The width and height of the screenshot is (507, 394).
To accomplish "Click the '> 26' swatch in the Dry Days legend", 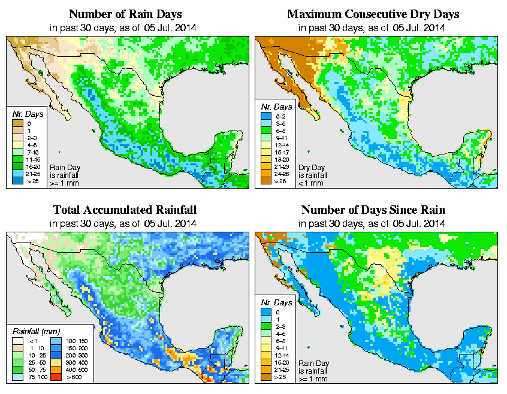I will (x=264, y=180).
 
